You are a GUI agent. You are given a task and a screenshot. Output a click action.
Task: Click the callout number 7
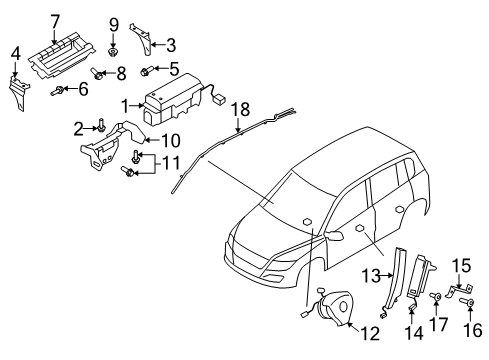55,22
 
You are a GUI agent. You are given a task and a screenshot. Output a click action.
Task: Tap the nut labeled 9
113,52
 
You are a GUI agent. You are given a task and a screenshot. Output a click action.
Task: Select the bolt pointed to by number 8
96,73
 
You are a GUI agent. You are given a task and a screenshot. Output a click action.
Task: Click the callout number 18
241,109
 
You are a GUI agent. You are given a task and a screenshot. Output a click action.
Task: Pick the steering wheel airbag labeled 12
330,307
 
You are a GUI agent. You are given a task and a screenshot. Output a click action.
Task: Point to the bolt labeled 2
101,126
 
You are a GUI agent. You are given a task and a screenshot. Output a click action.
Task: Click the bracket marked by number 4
19,93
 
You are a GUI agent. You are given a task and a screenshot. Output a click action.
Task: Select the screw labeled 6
57,90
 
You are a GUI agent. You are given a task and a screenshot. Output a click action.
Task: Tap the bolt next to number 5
147,71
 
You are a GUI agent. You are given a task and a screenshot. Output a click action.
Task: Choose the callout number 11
171,163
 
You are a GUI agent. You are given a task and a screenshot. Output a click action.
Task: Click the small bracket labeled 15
460,290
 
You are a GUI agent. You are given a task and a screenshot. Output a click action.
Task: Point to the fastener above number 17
436,296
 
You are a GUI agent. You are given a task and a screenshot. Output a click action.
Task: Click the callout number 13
371,276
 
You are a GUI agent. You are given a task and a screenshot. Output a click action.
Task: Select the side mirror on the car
334,235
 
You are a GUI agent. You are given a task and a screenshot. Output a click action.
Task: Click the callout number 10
171,140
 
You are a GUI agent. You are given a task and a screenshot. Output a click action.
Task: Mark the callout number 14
414,332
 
